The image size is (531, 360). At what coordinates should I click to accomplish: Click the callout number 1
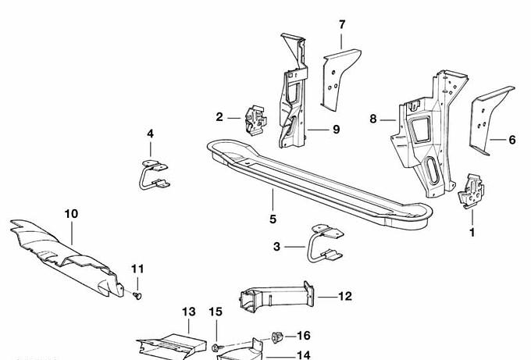click(472, 232)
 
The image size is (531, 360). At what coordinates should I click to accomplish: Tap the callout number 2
click(219, 117)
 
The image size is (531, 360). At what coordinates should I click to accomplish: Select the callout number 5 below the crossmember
click(273, 219)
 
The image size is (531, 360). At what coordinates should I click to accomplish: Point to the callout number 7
click(341, 25)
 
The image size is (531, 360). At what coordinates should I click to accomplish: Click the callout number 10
click(71, 213)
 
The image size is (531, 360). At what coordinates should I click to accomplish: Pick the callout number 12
click(346, 296)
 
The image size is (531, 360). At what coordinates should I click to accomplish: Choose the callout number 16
click(304, 336)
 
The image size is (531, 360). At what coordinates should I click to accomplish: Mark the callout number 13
click(188, 312)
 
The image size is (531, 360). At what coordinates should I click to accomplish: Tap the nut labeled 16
click(276, 337)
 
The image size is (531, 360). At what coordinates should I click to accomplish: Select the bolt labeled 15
click(216, 346)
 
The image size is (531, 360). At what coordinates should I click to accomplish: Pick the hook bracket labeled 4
click(152, 173)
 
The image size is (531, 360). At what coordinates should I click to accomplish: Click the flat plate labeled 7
click(340, 76)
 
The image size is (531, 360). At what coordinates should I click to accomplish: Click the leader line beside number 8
click(387, 119)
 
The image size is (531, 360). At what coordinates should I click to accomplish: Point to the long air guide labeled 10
click(66, 251)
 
